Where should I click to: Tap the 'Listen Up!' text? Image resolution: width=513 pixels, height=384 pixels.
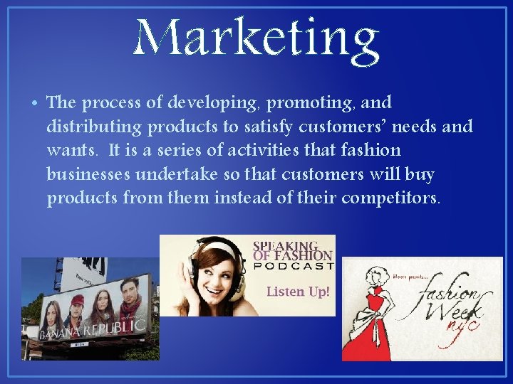coord(298,292)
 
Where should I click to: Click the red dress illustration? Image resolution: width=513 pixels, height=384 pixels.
coord(375,313)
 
